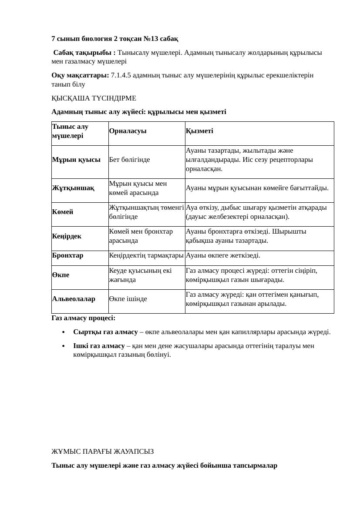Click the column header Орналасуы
point(128,131)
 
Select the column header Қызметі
point(199,131)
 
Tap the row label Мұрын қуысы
point(76,160)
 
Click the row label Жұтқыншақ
point(73,188)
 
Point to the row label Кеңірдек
point(66,236)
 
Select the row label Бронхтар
point(67,255)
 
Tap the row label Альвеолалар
point(74,299)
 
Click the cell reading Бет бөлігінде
point(129,160)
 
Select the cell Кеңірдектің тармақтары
point(146,255)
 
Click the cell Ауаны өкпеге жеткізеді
point(223,255)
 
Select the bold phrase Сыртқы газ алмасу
point(105,332)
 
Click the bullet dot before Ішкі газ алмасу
point(64,346)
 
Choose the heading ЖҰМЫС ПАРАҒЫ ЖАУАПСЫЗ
point(103,452)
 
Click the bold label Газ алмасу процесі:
point(84,318)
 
